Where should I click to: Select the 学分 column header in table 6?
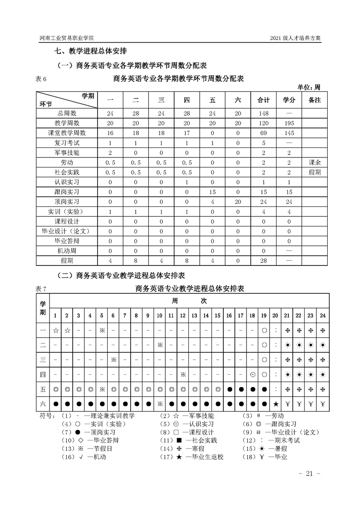(x=289, y=100)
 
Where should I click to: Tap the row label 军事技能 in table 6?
(x=66, y=152)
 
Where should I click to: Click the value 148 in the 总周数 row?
(x=264, y=113)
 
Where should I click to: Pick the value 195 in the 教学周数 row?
(x=289, y=123)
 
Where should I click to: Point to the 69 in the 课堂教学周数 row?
(x=264, y=133)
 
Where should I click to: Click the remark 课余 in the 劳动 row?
(x=314, y=162)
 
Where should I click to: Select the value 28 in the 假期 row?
(x=264, y=261)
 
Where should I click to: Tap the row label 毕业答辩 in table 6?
(x=66, y=241)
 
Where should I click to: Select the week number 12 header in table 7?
(x=182, y=315)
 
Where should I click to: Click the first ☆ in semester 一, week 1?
(x=55, y=330)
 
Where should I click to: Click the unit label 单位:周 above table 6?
(x=309, y=87)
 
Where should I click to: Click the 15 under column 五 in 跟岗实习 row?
(x=212, y=192)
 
